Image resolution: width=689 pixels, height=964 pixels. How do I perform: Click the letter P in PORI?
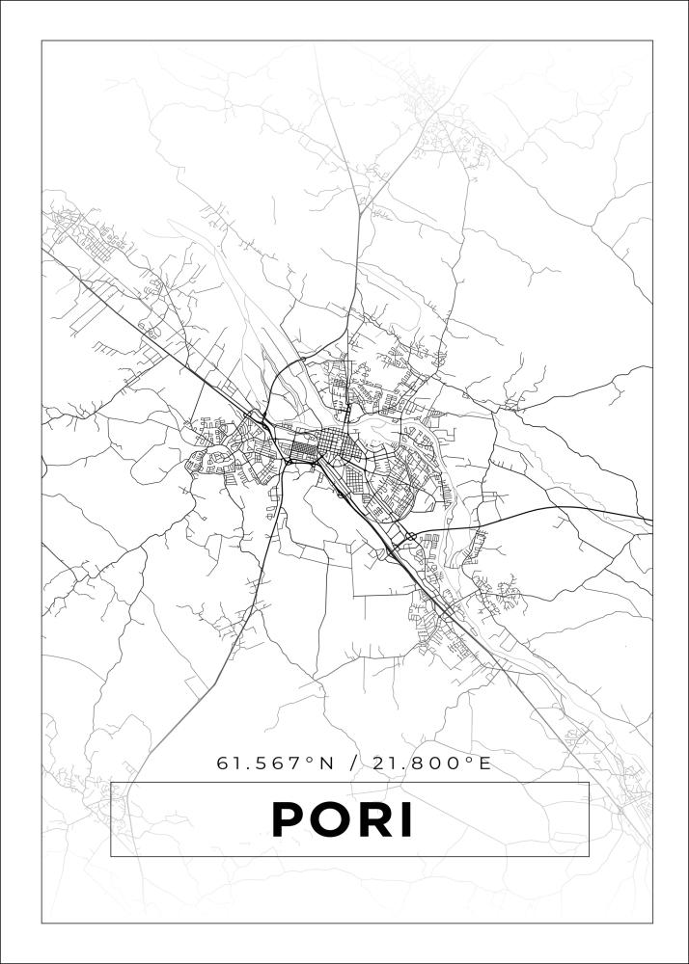[291, 819]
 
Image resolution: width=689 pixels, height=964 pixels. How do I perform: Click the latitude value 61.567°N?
[274, 763]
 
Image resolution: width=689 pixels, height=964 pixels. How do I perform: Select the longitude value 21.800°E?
[428, 763]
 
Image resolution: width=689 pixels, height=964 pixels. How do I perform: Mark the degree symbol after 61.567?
[310, 760]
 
